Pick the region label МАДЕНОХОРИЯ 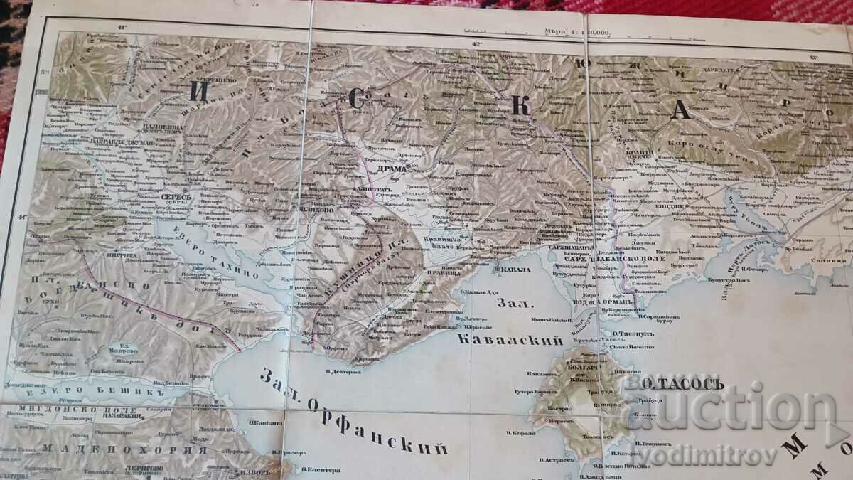[124, 449]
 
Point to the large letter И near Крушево [195, 90]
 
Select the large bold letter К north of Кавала [520, 105]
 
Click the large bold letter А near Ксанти [681, 110]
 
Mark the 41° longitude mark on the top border [122, 28]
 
